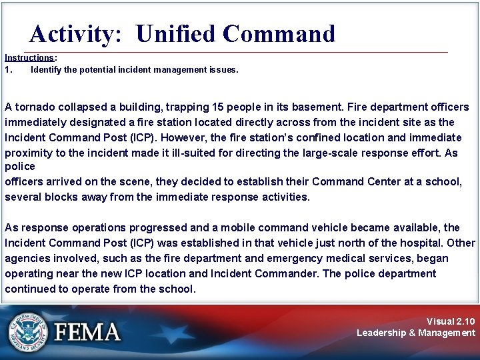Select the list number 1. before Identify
[x=9, y=69]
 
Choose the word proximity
[x=29, y=152]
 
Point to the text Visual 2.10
[x=451, y=321]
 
